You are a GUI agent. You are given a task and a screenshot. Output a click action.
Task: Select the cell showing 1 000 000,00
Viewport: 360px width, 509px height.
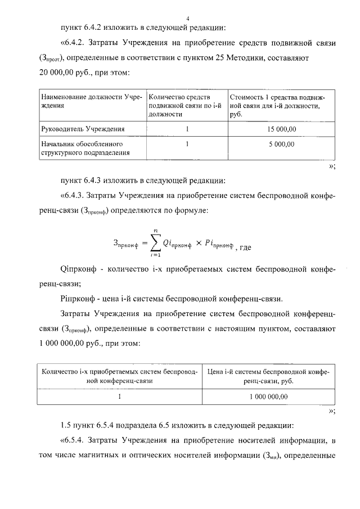(268, 397)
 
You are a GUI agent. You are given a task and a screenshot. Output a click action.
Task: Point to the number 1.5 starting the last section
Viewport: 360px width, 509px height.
(65, 424)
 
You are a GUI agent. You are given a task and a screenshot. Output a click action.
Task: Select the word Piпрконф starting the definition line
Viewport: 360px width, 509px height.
(76, 298)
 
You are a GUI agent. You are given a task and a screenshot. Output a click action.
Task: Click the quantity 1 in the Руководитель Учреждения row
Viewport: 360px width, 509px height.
(187, 129)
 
